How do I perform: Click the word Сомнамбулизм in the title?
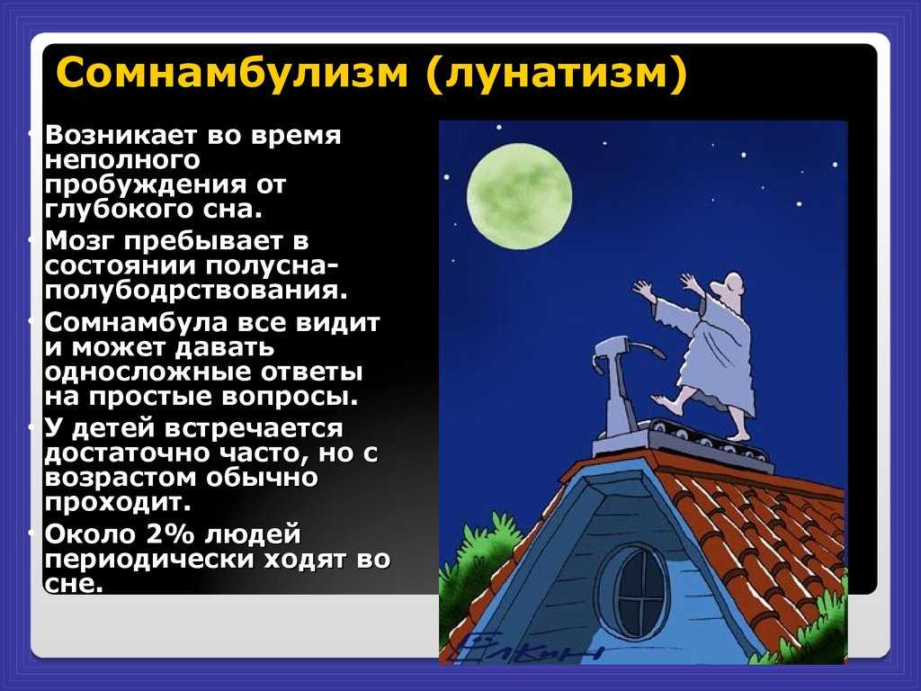[x=232, y=73]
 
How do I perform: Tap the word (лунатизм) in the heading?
[x=556, y=75]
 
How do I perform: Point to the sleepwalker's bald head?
[x=730, y=285]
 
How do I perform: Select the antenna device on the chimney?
[x=622, y=385]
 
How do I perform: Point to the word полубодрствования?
[x=196, y=291]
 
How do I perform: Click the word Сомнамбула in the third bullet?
[x=137, y=323]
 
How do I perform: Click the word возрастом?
[x=121, y=479]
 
